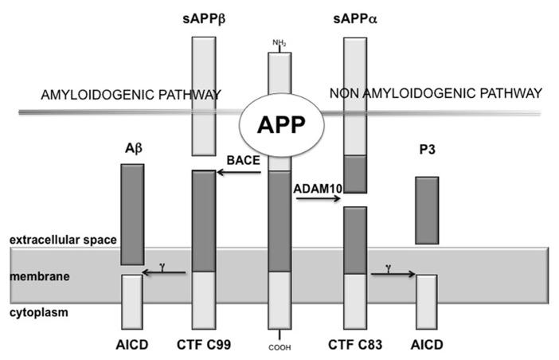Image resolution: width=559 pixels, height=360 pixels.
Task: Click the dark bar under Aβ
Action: [132, 213]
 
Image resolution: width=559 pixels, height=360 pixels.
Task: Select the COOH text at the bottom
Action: [279, 346]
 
